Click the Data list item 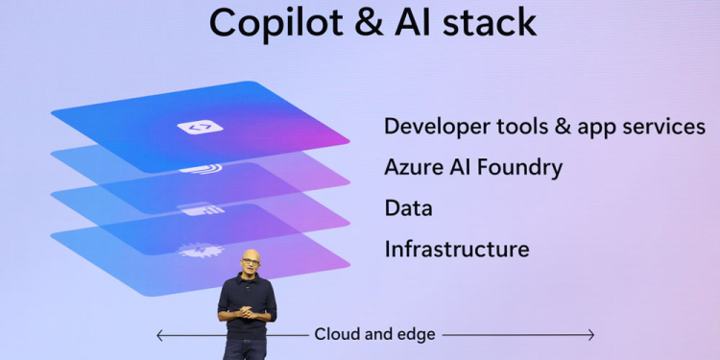click(408, 207)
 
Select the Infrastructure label click(456, 249)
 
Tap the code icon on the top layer click(200, 127)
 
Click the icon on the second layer click(200, 169)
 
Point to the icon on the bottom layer click(199, 251)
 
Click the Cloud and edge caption click(374, 335)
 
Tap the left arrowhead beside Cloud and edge click(159, 335)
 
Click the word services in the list click(667, 127)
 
